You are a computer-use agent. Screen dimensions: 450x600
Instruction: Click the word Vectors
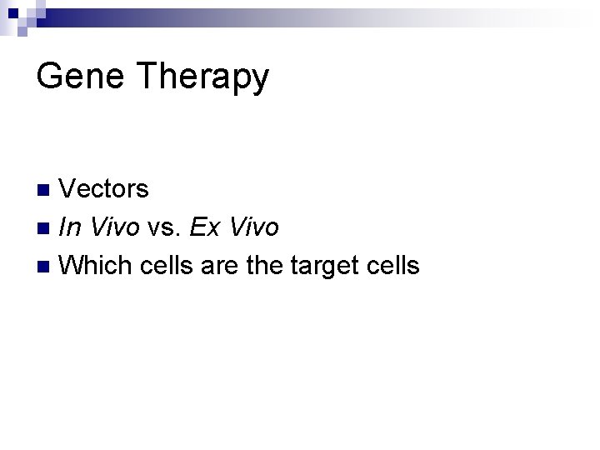pos(104,189)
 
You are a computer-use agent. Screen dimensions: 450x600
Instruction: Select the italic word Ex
pos(204,227)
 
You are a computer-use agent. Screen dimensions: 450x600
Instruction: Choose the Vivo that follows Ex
pos(252,227)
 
